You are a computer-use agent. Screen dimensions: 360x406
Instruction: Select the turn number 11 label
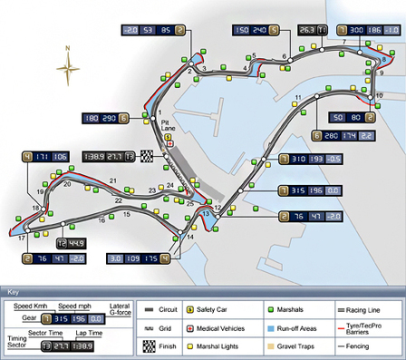297,96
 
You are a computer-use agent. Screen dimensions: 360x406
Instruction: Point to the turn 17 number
21,238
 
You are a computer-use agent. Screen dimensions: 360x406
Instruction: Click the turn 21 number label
114,181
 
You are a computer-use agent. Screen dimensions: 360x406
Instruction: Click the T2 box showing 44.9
71,243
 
